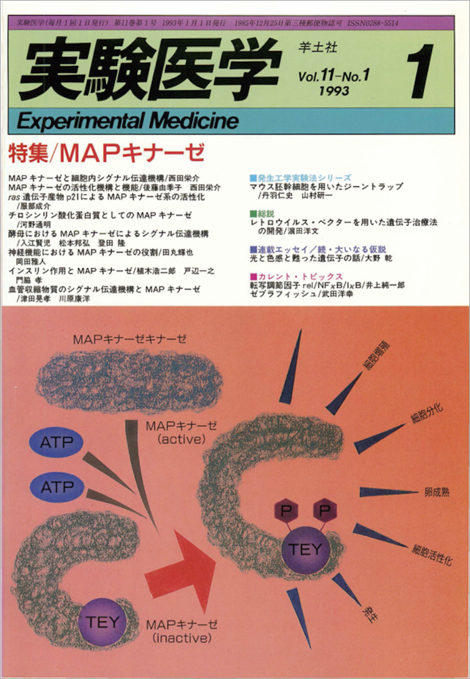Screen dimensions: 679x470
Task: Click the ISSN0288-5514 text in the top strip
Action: [372, 23]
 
